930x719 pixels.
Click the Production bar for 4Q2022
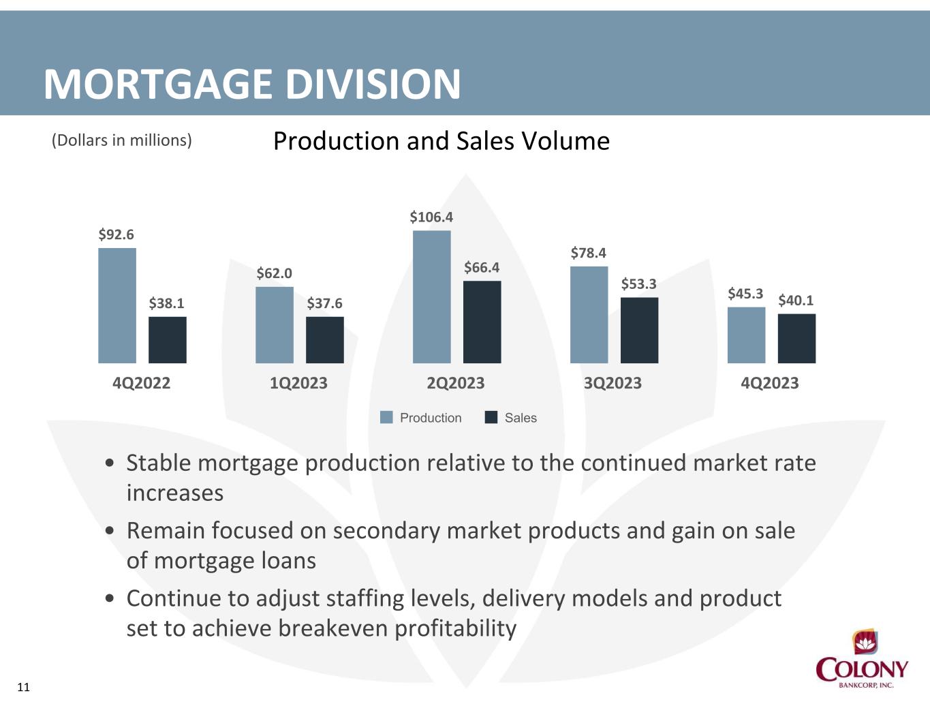pos(117,305)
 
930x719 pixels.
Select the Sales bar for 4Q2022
pos(168,340)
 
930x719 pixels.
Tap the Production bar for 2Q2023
pos(432,297)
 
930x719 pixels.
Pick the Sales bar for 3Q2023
pos(639,331)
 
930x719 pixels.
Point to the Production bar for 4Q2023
pos(747,335)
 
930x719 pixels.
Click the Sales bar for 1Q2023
pos(325,340)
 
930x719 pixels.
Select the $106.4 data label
pos(431,217)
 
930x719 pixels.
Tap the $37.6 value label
pos(325,303)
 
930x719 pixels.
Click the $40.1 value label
pos(796,300)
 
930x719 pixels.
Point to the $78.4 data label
pos(589,253)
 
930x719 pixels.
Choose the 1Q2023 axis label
pos(298,382)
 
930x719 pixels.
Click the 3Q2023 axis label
pos(613,382)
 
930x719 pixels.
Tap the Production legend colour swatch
pos(386,417)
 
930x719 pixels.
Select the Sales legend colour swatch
pos(491,417)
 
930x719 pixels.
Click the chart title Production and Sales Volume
pos(441,141)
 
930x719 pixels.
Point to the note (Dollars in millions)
pos(121,140)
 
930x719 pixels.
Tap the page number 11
pos(24,687)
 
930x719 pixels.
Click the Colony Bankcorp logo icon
pos(865,642)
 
